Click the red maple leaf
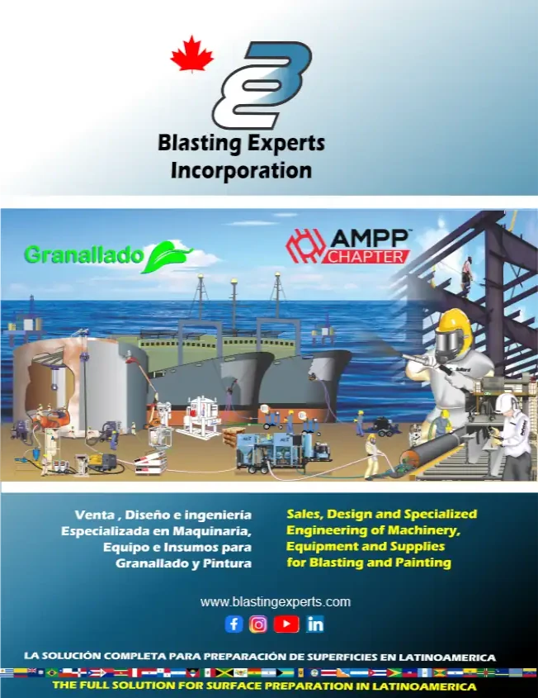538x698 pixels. tap(191, 54)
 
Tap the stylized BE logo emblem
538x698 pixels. tap(262, 84)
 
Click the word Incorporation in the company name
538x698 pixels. tap(241, 171)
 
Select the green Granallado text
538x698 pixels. tap(83, 255)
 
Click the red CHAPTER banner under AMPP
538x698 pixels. tap(368, 257)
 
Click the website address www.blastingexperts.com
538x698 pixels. tap(275, 601)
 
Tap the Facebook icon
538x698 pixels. tap(234, 624)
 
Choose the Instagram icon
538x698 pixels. tap(258, 624)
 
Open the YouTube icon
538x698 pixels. tap(286, 624)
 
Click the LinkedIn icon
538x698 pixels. tap(315, 624)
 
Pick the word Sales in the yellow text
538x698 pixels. tap(306, 513)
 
